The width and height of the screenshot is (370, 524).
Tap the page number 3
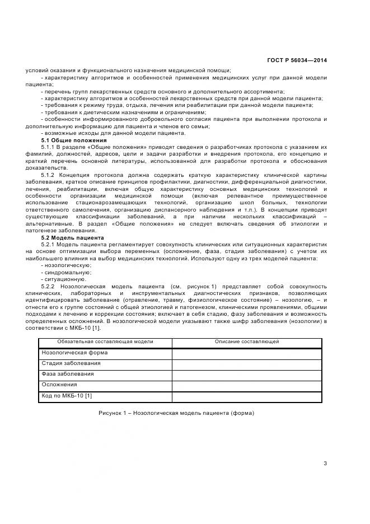pos(325,462)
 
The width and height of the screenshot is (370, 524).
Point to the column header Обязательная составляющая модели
pos(105,341)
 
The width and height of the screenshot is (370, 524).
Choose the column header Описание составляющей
pos(247,341)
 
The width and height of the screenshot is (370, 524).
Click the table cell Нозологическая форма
pos(74,353)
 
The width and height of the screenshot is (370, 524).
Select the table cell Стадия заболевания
pos(69,363)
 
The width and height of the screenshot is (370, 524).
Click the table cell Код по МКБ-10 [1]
pos(67,396)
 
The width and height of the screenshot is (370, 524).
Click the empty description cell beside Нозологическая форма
pos(247,353)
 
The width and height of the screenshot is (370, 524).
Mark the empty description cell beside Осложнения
pos(247,385)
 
